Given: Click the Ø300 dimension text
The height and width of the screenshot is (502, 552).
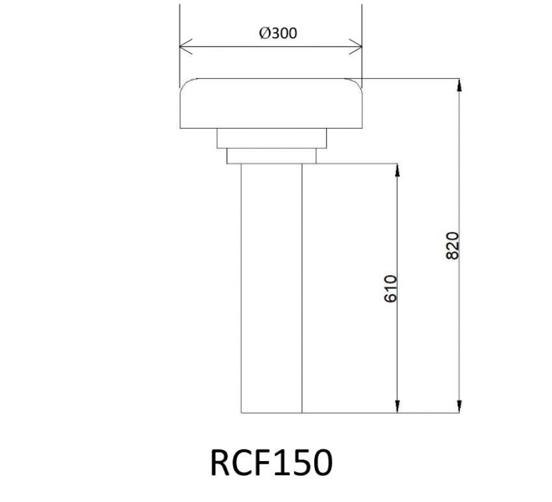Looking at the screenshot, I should [277, 33].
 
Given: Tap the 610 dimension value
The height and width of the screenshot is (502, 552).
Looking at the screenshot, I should [390, 288].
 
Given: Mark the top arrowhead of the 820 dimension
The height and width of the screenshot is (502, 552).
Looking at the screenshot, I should [460, 83].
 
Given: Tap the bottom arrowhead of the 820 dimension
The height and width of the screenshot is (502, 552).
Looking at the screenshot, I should [460, 408].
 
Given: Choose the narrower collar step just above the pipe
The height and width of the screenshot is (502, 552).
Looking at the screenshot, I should [271, 156].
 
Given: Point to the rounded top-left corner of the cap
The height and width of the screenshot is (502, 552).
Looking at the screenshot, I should [184, 83].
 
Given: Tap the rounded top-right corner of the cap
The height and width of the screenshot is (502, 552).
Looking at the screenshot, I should [357, 83].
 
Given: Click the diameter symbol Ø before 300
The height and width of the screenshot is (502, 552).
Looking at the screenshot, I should [264, 33].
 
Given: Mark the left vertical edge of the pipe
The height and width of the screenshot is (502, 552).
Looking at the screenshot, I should [241, 286].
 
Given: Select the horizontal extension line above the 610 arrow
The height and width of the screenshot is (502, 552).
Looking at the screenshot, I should [357, 163].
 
